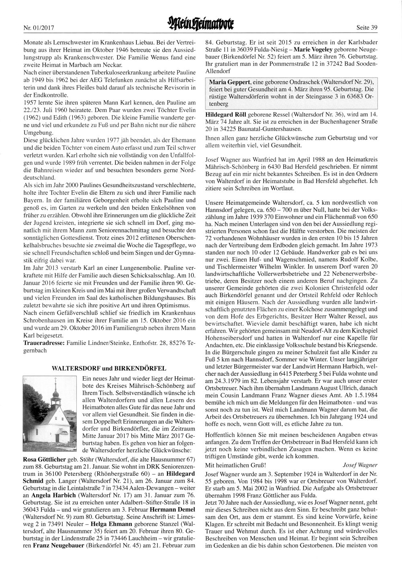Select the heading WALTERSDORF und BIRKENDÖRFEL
click(109, 368)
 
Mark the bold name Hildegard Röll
click(228, 114)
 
